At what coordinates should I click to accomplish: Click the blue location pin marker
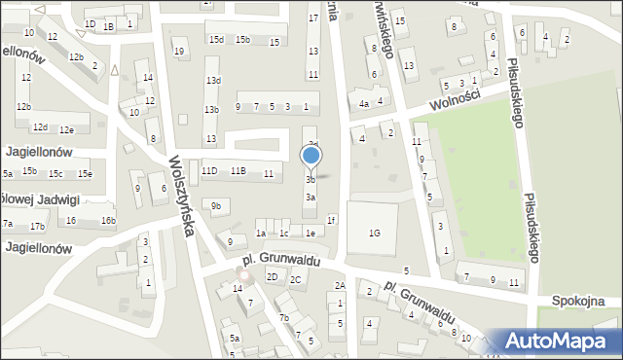(311, 156)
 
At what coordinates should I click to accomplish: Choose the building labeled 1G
(374, 233)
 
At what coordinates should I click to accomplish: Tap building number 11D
(209, 171)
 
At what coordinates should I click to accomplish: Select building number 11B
(238, 171)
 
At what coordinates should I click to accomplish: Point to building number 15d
(216, 40)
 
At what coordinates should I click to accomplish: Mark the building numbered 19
(179, 52)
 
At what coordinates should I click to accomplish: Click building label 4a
(364, 103)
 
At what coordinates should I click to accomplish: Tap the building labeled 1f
(331, 220)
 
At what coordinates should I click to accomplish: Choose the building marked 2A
(340, 285)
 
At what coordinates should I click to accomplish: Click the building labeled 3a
(310, 198)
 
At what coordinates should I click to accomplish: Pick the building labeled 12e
(66, 129)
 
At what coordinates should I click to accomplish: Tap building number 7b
(283, 318)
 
